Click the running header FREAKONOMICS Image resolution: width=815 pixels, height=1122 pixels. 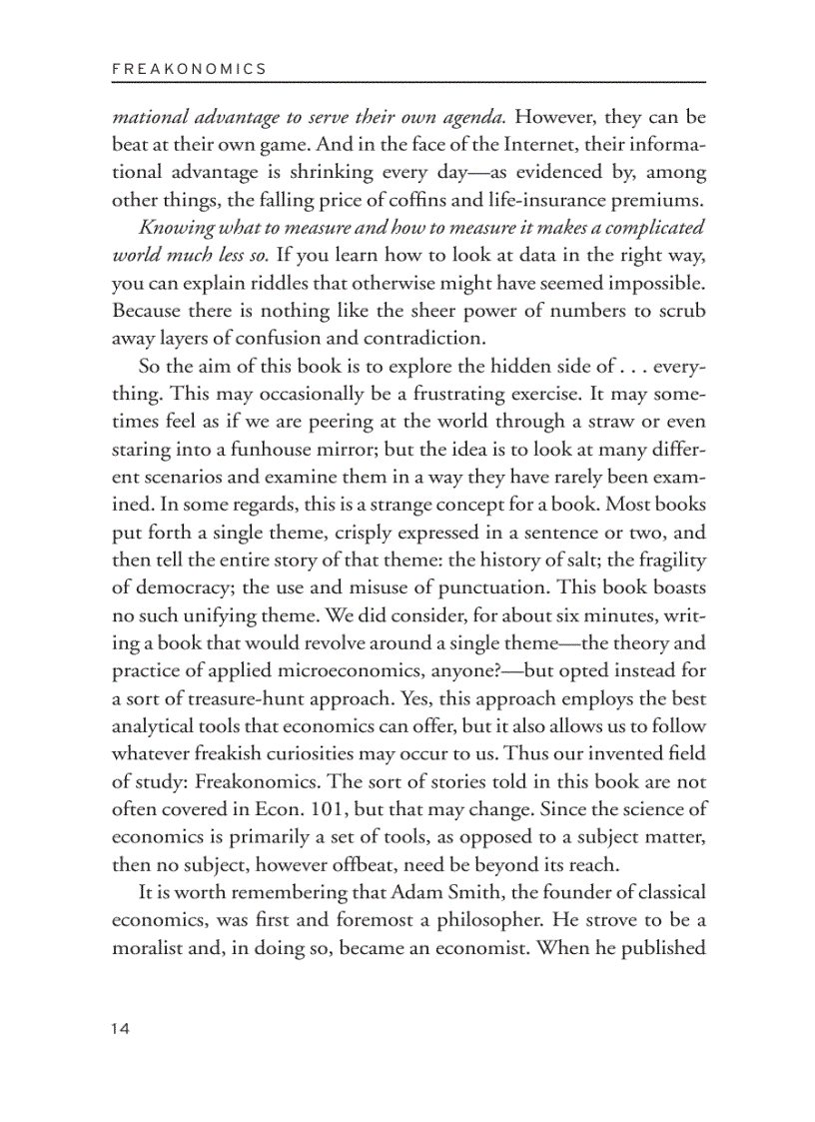189,69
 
